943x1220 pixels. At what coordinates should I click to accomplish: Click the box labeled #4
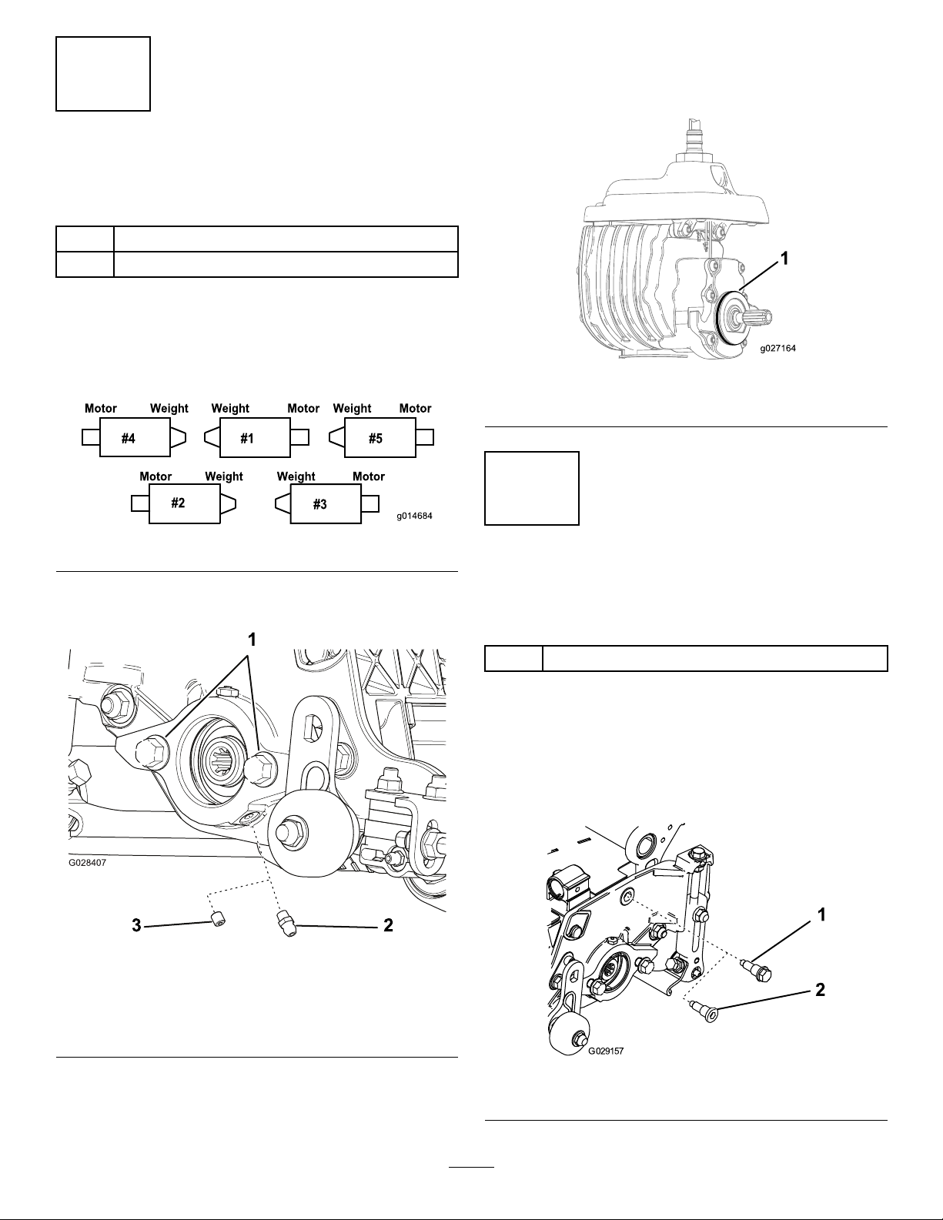click(135, 438)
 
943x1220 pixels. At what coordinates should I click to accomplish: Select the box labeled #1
click(255, 438)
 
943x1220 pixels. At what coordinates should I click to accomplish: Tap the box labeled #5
click(380, 438)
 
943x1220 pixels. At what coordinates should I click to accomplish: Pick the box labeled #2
click(184, 503)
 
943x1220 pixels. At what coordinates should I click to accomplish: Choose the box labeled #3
click(326, 503)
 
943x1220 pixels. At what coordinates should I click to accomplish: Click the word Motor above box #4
click(101, 408)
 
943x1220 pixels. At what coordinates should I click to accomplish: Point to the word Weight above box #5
click(352, 408)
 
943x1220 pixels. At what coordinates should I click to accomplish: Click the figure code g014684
click(414, 516)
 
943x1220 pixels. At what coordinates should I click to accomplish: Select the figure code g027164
click(778, 348)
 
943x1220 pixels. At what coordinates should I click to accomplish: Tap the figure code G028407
click(87, 862)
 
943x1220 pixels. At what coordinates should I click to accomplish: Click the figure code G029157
click(606, 1051)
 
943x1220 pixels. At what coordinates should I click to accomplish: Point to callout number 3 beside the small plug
click(136, 925)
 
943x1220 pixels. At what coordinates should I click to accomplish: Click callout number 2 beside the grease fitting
click(388, 925)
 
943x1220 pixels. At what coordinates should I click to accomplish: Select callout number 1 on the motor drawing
click(784, 259)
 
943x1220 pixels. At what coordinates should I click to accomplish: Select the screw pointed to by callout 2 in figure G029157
click(706, 1011)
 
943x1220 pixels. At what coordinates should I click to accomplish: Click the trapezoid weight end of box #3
click(283, 503)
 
